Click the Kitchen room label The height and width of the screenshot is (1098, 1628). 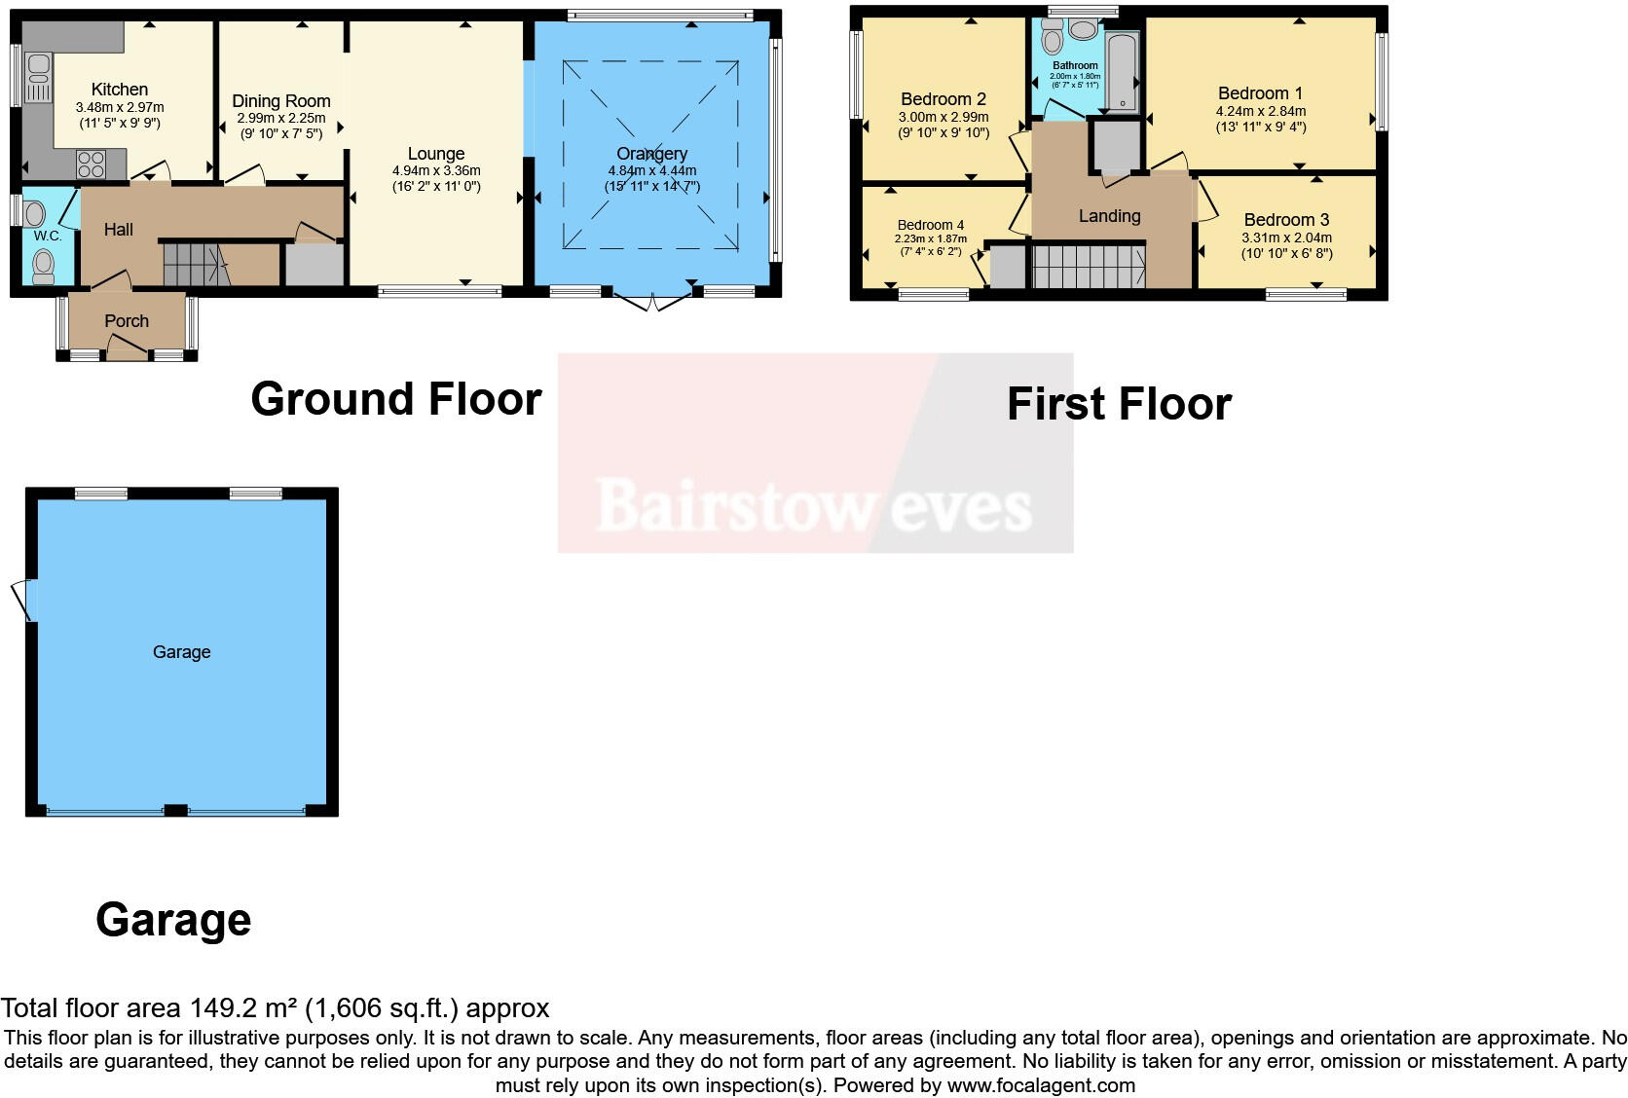pyautogui.click(x=119, y=89)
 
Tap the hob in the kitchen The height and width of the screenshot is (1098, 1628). pyautogui.click(x=91, y=164)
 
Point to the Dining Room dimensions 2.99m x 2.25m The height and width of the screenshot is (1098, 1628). pyautogui.click(x=280, y=118)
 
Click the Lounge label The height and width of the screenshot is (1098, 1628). pyautogui.click(x=435, y=153)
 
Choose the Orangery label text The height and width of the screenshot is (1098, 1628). pyautogui.click(x=651, y=153)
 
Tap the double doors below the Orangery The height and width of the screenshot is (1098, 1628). pyautogui.click(x=652, y=302)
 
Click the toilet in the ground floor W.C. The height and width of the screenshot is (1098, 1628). pyautogui.click(x=43, y=265)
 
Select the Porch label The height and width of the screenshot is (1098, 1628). pyautogui.click(x=127, y=320)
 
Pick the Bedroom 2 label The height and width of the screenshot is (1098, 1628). pyautogui.click(x=943, y=98)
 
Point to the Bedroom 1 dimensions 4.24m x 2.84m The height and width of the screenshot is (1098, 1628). pyautogui.click(x=1260, y=111)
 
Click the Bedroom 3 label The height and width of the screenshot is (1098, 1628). pyautogui.click(x=1285, y=219)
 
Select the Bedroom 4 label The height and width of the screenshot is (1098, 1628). pyautogui.click(x=930, y=225)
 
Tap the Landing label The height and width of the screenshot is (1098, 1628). pyautogui.click(x=1109, y=215)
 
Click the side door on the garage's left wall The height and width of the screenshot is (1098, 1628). pyautogui.click(x=24, y=599)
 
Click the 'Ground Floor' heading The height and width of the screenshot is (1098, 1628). pyautogui.click(x=395, y=398)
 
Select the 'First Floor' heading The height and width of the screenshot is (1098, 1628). pyautogui.click(x=1118, y=403)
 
